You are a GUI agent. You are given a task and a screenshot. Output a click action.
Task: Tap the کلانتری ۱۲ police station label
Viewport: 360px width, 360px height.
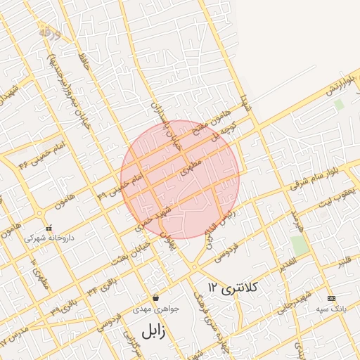[234, 287]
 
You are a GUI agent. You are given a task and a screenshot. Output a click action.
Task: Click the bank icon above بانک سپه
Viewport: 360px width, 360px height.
[331, 298]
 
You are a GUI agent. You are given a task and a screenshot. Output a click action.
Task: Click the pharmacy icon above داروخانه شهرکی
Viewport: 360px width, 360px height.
[49, 229]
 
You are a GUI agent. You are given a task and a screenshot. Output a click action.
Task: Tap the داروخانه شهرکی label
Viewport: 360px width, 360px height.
[43, 238]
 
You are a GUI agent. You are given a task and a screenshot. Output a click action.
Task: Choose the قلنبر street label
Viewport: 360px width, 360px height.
[343, 262]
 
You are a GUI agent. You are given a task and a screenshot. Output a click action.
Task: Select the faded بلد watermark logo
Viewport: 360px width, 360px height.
[46, 32]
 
